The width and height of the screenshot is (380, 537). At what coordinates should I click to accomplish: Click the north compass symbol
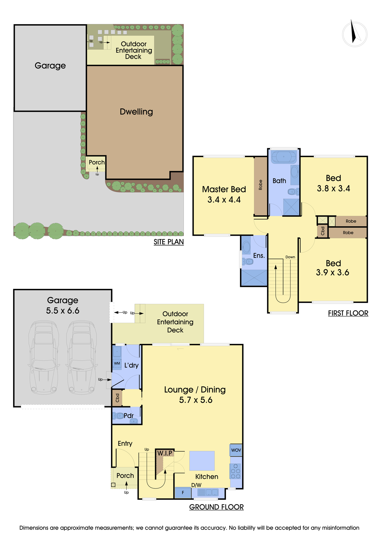[354, 34]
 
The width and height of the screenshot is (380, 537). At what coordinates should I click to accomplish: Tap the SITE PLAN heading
[169, 242]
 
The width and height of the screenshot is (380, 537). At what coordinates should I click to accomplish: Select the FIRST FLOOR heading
[348, 313]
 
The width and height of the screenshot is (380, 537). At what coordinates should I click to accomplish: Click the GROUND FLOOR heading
[216, 507]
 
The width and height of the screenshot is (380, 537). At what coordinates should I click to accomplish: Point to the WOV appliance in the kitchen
[236, 450]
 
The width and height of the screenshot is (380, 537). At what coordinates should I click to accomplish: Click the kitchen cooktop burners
[236, 471]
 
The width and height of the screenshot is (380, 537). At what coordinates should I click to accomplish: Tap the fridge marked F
[183, 493]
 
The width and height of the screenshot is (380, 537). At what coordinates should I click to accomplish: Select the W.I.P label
[165, 453]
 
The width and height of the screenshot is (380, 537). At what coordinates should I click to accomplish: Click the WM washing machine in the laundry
[117, 363]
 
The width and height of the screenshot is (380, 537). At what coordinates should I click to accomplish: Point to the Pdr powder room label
[128, 416]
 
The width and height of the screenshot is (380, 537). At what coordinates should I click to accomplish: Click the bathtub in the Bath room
[284, 156]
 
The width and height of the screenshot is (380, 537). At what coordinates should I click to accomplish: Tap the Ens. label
[259, 256]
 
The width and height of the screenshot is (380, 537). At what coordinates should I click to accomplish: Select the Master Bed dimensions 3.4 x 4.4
[224, 200]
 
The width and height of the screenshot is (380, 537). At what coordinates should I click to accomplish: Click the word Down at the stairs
[290, 257]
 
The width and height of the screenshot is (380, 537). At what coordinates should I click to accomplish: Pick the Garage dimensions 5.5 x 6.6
[63, 311]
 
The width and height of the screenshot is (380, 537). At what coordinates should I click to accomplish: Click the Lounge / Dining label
[195, 390]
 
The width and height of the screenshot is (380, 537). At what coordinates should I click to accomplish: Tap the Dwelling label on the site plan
[136, 112]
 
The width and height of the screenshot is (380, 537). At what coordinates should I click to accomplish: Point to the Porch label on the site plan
[97, 162]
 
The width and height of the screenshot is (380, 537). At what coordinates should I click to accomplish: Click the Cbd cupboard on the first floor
[323, 231]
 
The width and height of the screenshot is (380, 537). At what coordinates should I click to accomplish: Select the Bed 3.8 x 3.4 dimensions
[334, 188]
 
